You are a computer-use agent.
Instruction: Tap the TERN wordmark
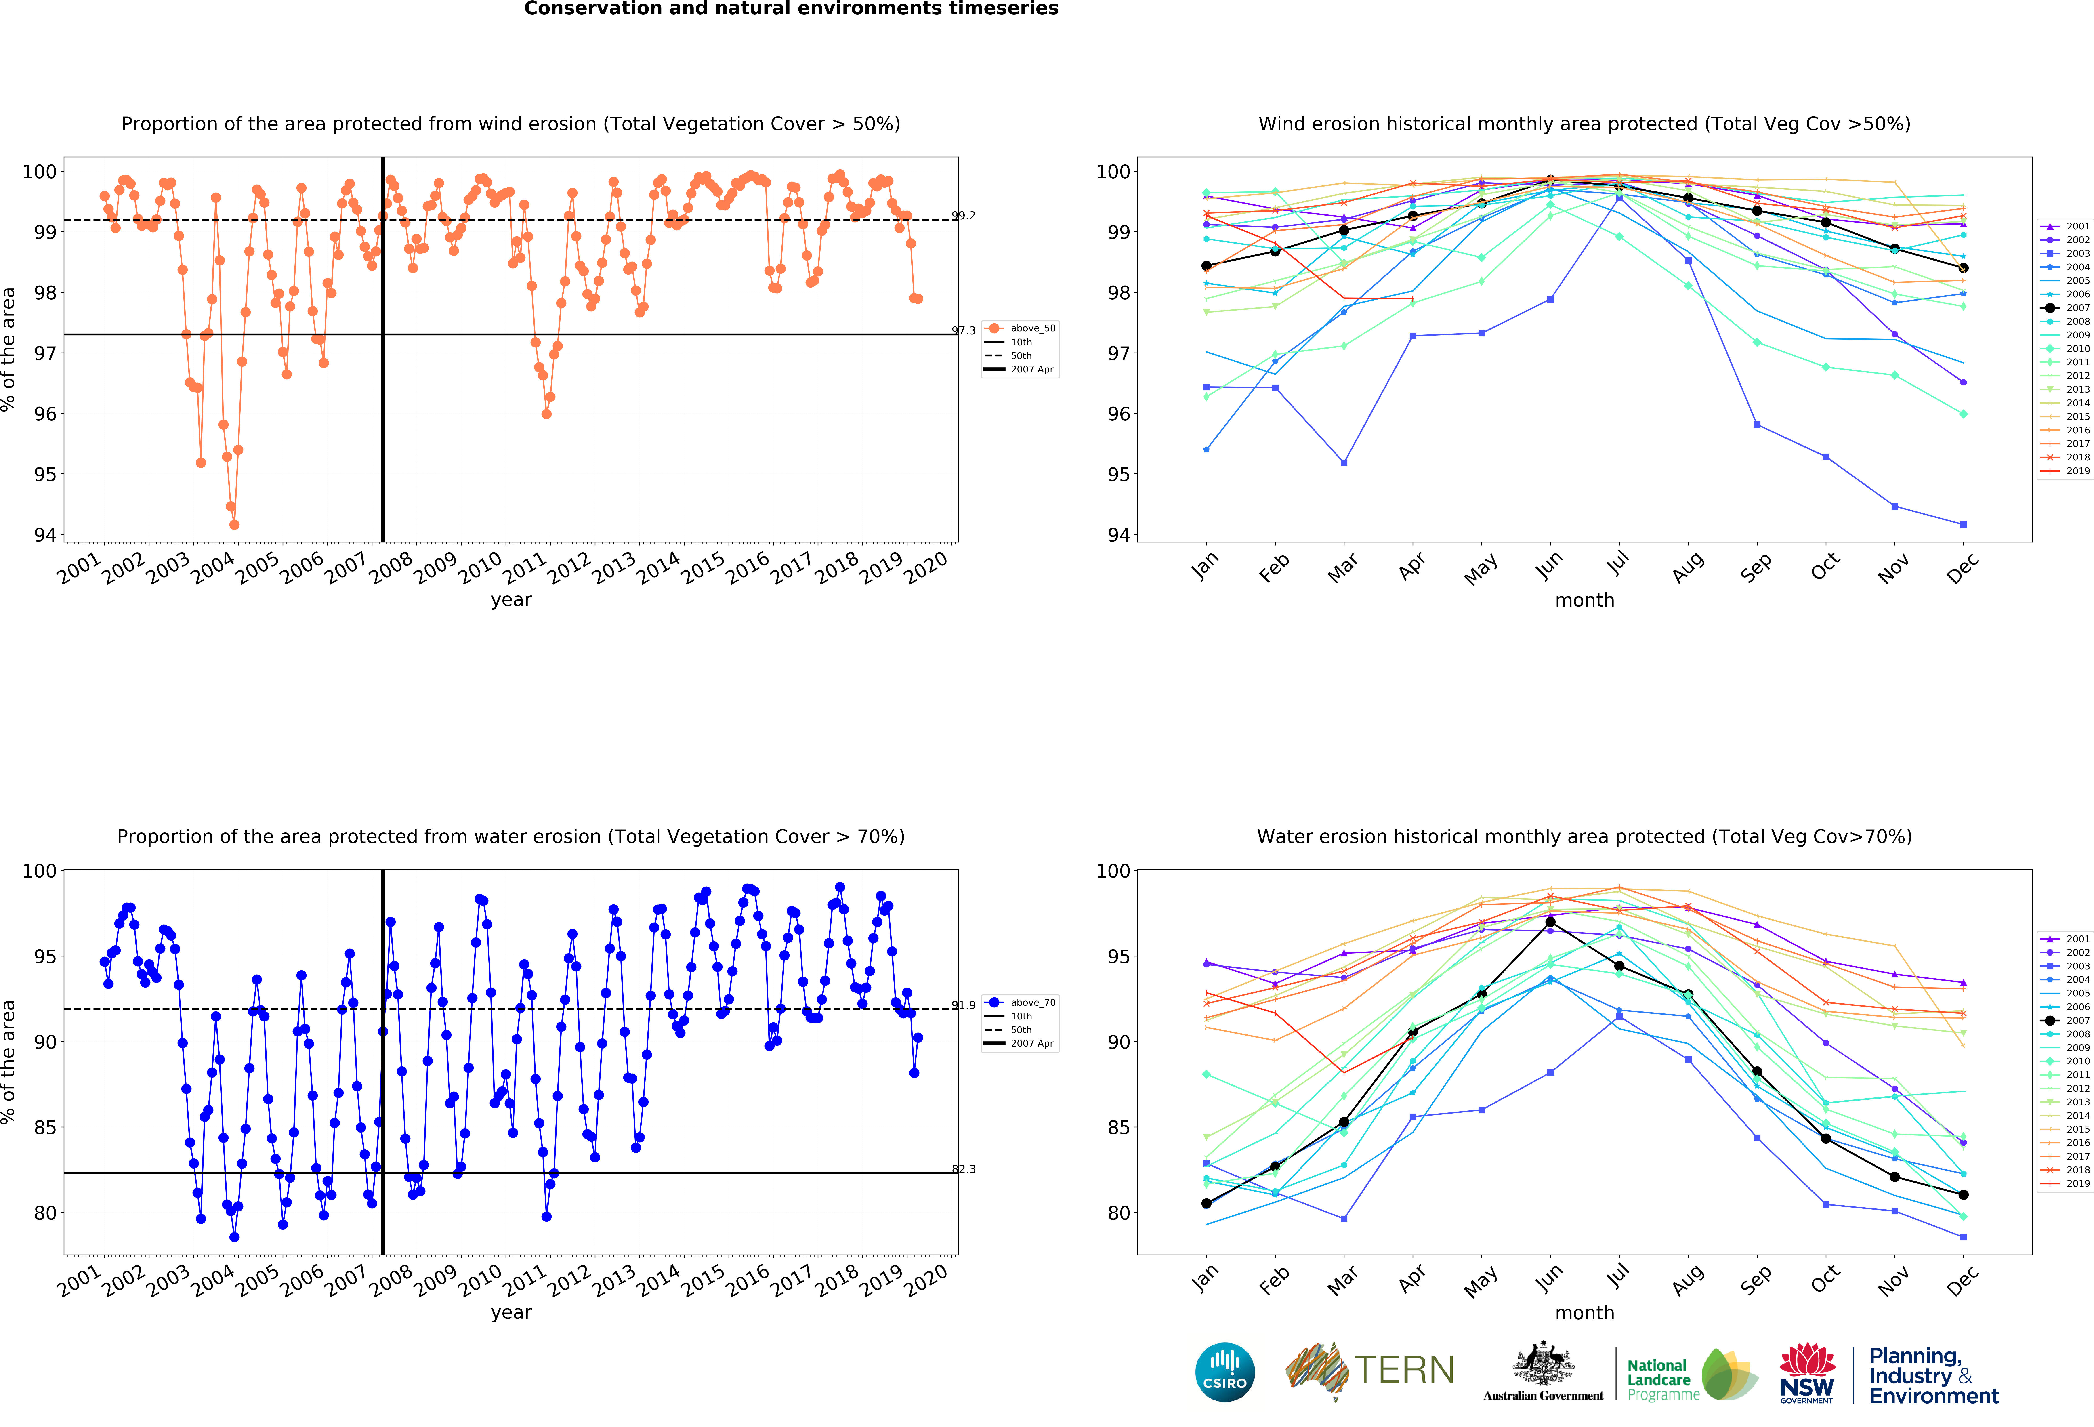point(1404,1370)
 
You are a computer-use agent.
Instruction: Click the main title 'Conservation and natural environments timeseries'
point(791,9)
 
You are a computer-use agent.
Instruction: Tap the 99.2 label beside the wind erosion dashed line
point(963,215)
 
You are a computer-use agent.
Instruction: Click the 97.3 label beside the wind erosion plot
point(963,331)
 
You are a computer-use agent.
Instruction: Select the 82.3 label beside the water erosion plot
point(963,1169)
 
